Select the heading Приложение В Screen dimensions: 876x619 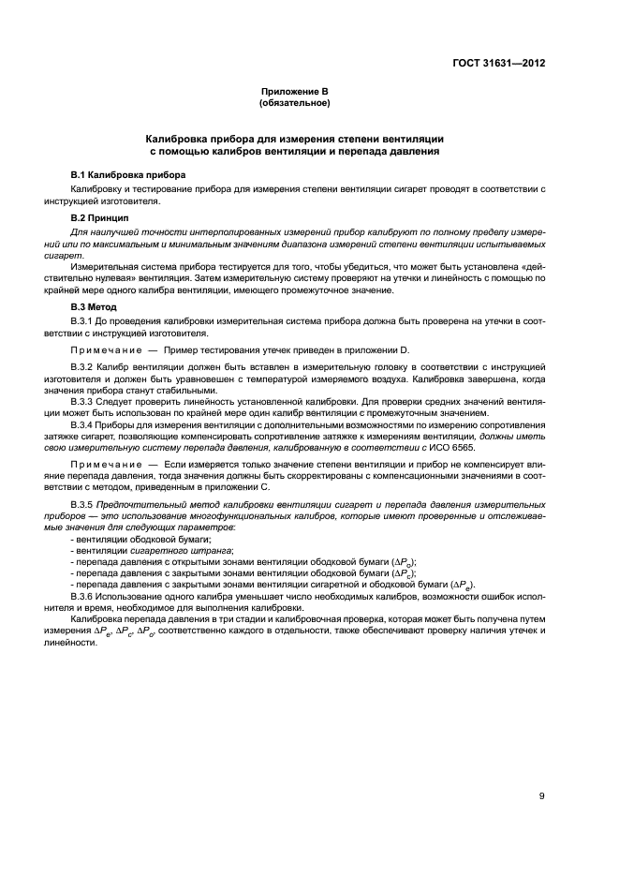(x=295, y=91)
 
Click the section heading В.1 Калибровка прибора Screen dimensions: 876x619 (x=128, y=175)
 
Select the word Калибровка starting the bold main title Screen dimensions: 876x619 (x=172, y=137)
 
